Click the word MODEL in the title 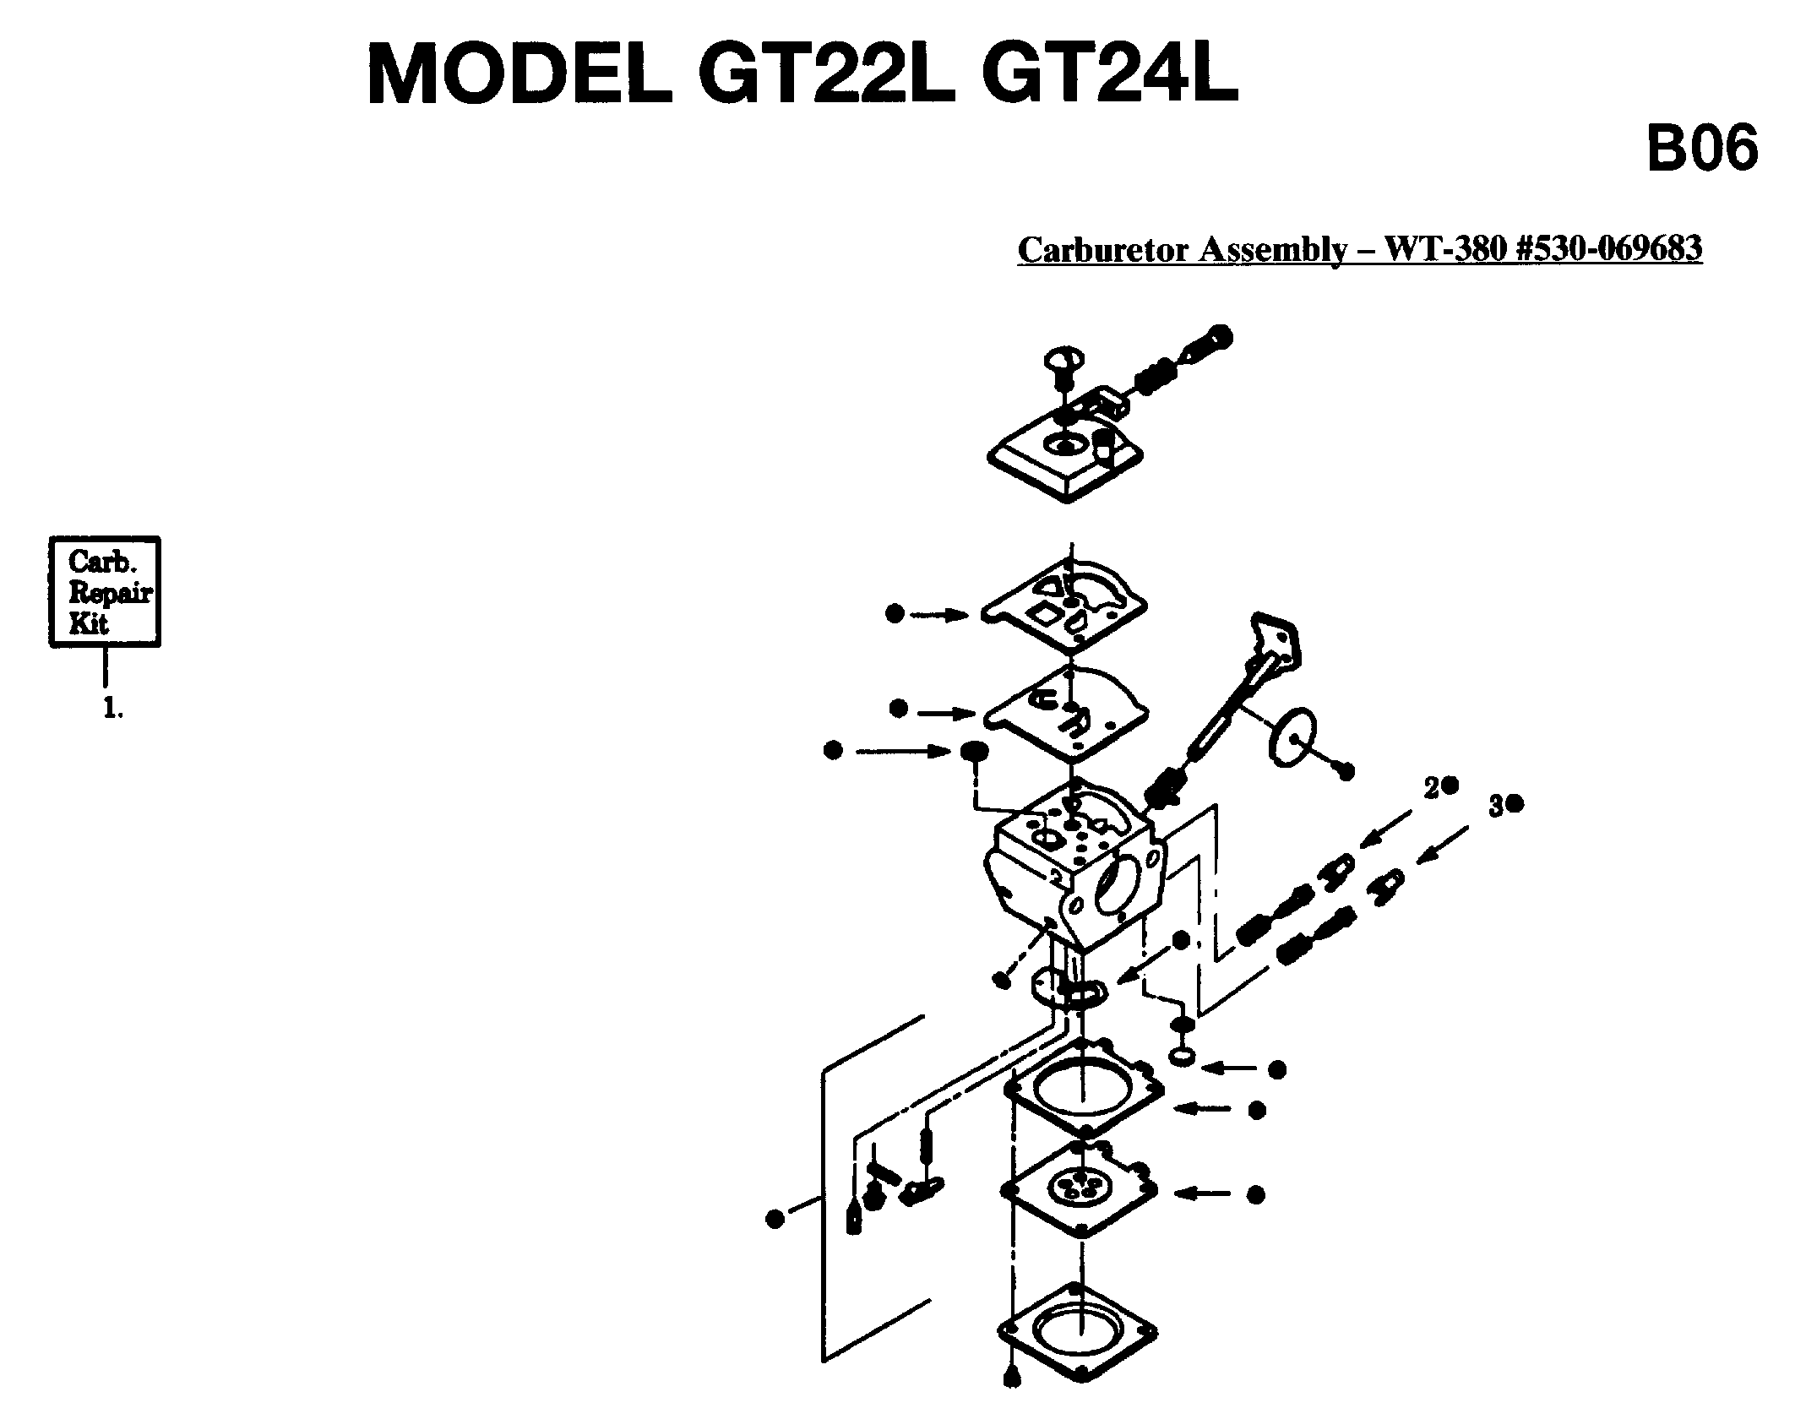[x=519, y=75]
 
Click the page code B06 [x=1702, y=150]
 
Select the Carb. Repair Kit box [x=105, y=591]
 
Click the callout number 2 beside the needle [x=1431, y=788]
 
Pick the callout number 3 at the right [x=1495, y=807]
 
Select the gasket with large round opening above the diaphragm [x=1084, y=1090]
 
